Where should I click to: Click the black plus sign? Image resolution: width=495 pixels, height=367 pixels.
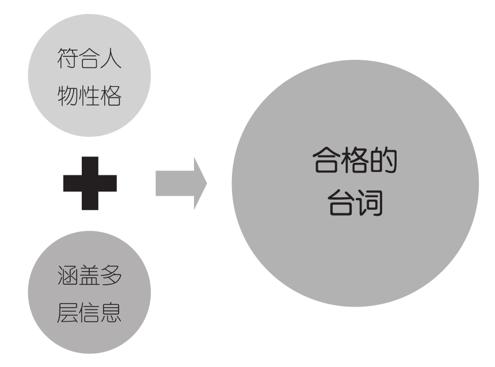(90, 183)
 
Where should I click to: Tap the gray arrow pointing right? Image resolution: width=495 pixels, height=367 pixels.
(181, 183)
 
